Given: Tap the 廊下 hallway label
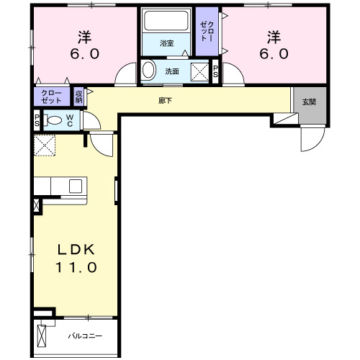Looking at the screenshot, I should pyautogui.click(x=165, y=100).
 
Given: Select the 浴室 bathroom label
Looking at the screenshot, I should pyautogui.click(x=167, y=44).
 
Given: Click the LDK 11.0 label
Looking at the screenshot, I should pyautogui.click(x=78, y=258).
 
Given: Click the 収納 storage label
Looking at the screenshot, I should pyautogui.click(x=78, y=96).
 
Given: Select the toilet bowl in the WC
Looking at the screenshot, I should pyautogui.click(x=53, y=120).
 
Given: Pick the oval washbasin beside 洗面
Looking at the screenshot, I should pyautogui.click(x=148, y=71).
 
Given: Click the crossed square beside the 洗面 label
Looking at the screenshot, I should pyautogui.click(x=199, y=71).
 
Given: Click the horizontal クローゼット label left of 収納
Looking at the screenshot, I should pyautogui.click(x=51, y=96).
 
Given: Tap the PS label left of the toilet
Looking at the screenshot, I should pyautogui.click(x=37, y=120).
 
